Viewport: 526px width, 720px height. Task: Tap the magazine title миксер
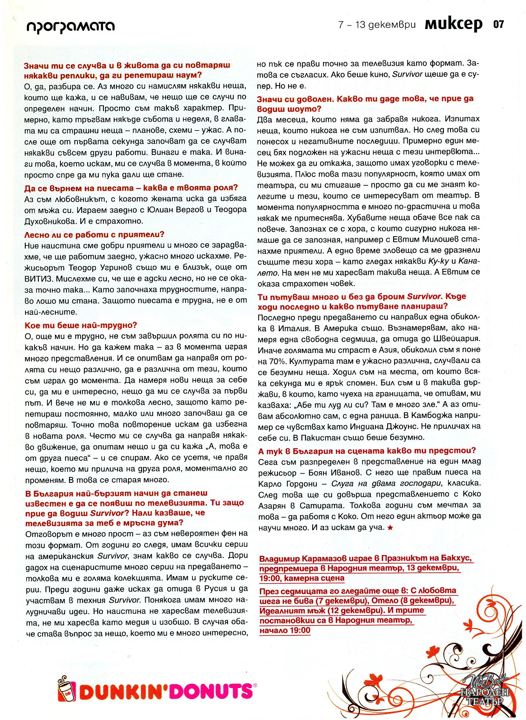(453, 25)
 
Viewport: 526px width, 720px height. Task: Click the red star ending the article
(391, 528)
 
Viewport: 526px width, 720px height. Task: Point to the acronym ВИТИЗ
(37, 279)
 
